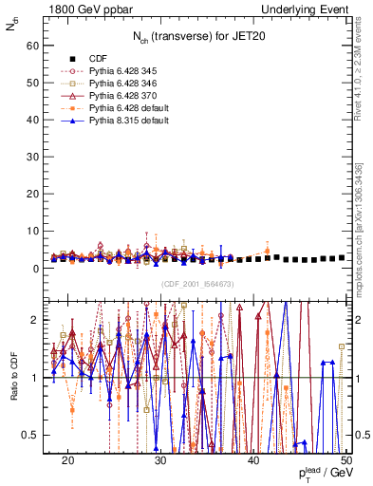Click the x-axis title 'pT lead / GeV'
click(322, 474)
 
